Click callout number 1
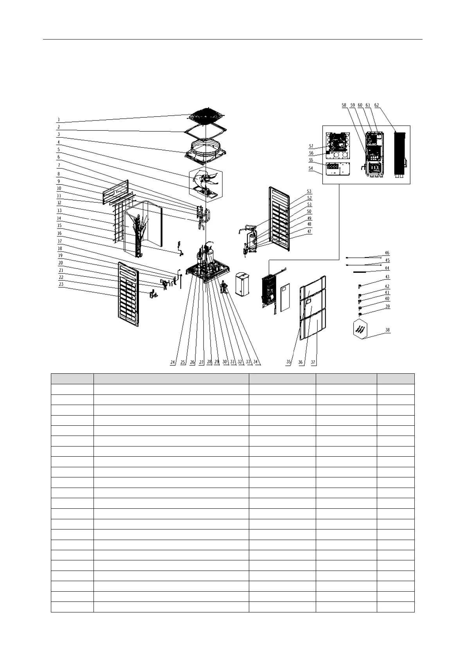click(58, 119)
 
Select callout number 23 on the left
click(61, 284)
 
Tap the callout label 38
click(387, 330)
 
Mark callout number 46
click(387, 253)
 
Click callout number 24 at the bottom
click(173, 362)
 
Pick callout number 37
click(313, 362)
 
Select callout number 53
click(309, 191)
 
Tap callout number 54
click(311, 168)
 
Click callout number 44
click(387, 268)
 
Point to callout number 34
click(256, 362)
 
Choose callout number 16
click(59, 233)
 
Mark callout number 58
click(344, 105)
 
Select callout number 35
click(288, 362)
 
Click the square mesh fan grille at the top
click(207, 115)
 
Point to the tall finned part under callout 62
click(401, 153)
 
